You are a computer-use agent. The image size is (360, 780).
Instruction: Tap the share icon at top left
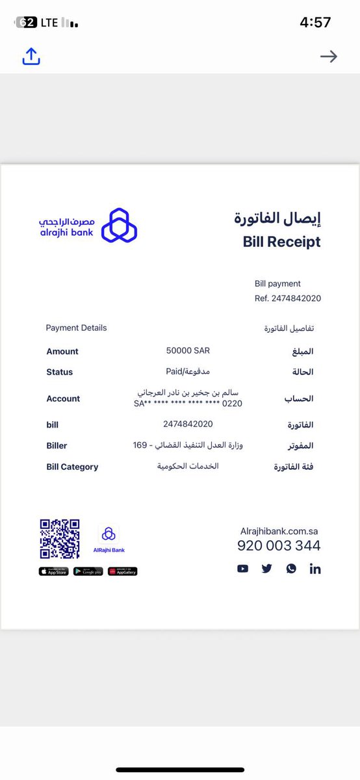(31, 57)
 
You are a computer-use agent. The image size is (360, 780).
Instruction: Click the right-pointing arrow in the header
(329, 57)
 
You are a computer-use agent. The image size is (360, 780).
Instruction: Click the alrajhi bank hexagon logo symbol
(119, 226)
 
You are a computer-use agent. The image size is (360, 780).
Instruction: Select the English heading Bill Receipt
(281, 242)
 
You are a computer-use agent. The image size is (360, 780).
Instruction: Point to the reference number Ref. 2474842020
(287, 298)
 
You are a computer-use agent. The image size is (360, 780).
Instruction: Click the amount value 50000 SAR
(188, 350)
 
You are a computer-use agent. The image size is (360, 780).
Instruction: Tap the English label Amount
(62, 352)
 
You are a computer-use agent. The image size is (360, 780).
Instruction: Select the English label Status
(60, 372)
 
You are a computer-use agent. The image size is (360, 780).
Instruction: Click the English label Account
(63, 398)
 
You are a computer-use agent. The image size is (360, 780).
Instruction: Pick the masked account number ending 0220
(188, 404)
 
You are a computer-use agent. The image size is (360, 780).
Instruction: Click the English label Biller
(57, 446)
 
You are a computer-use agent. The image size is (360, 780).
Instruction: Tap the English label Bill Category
(72, 467)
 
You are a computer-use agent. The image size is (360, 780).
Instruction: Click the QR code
(60, 539)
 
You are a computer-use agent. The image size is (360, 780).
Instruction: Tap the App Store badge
(53, 571)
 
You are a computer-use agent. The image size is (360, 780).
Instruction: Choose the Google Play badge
(88, 571)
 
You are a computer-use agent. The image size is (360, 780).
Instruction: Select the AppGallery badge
(122, 571)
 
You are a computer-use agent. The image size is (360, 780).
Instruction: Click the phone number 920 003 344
(279, 546)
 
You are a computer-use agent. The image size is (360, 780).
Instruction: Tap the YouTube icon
(242, 569)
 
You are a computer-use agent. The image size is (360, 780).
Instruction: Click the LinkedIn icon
(315, 569)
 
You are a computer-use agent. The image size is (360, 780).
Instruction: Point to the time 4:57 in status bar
(315, 22)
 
